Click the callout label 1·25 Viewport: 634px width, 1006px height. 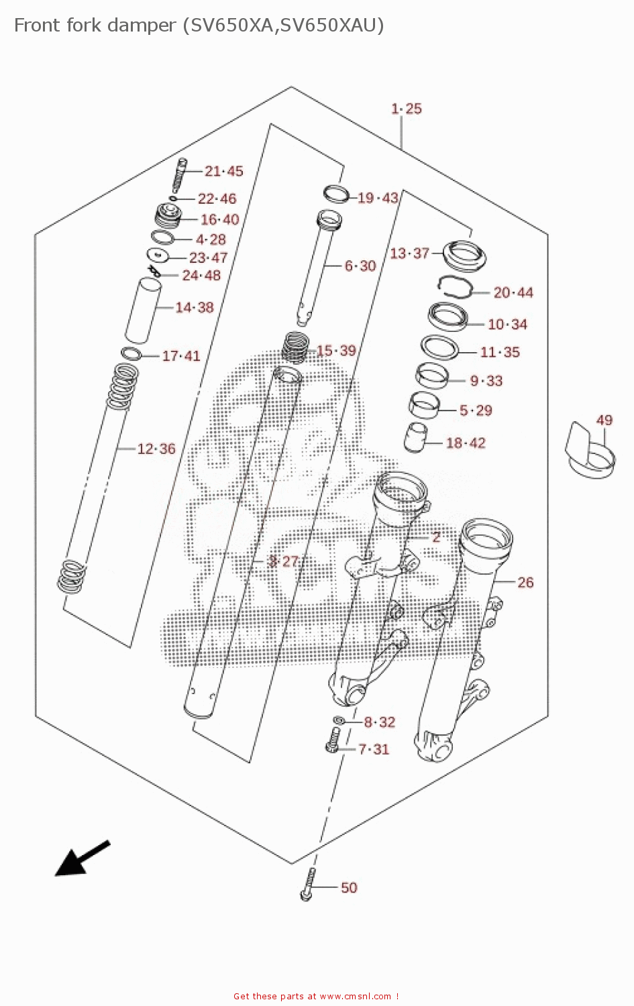point(407,109)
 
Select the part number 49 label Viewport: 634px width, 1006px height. point(604,421)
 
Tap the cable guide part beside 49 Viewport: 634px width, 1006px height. point(590,451)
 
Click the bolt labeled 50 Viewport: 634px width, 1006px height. point(308,885)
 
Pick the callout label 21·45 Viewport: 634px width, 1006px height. point(223,171)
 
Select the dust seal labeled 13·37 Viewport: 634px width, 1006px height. point(465,255)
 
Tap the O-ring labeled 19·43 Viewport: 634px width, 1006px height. point(336,194)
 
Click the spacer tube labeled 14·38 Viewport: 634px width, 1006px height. point(143,310)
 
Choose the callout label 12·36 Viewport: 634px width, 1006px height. point(156,449)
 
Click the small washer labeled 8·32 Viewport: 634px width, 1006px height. point(339,720)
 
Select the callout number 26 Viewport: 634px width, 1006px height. point(525,582)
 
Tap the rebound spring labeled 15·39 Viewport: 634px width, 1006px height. point(295,347)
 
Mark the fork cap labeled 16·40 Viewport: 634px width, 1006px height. point(168,216)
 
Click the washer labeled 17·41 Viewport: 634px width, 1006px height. point(131,353)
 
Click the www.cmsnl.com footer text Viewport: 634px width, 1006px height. point(355,996)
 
